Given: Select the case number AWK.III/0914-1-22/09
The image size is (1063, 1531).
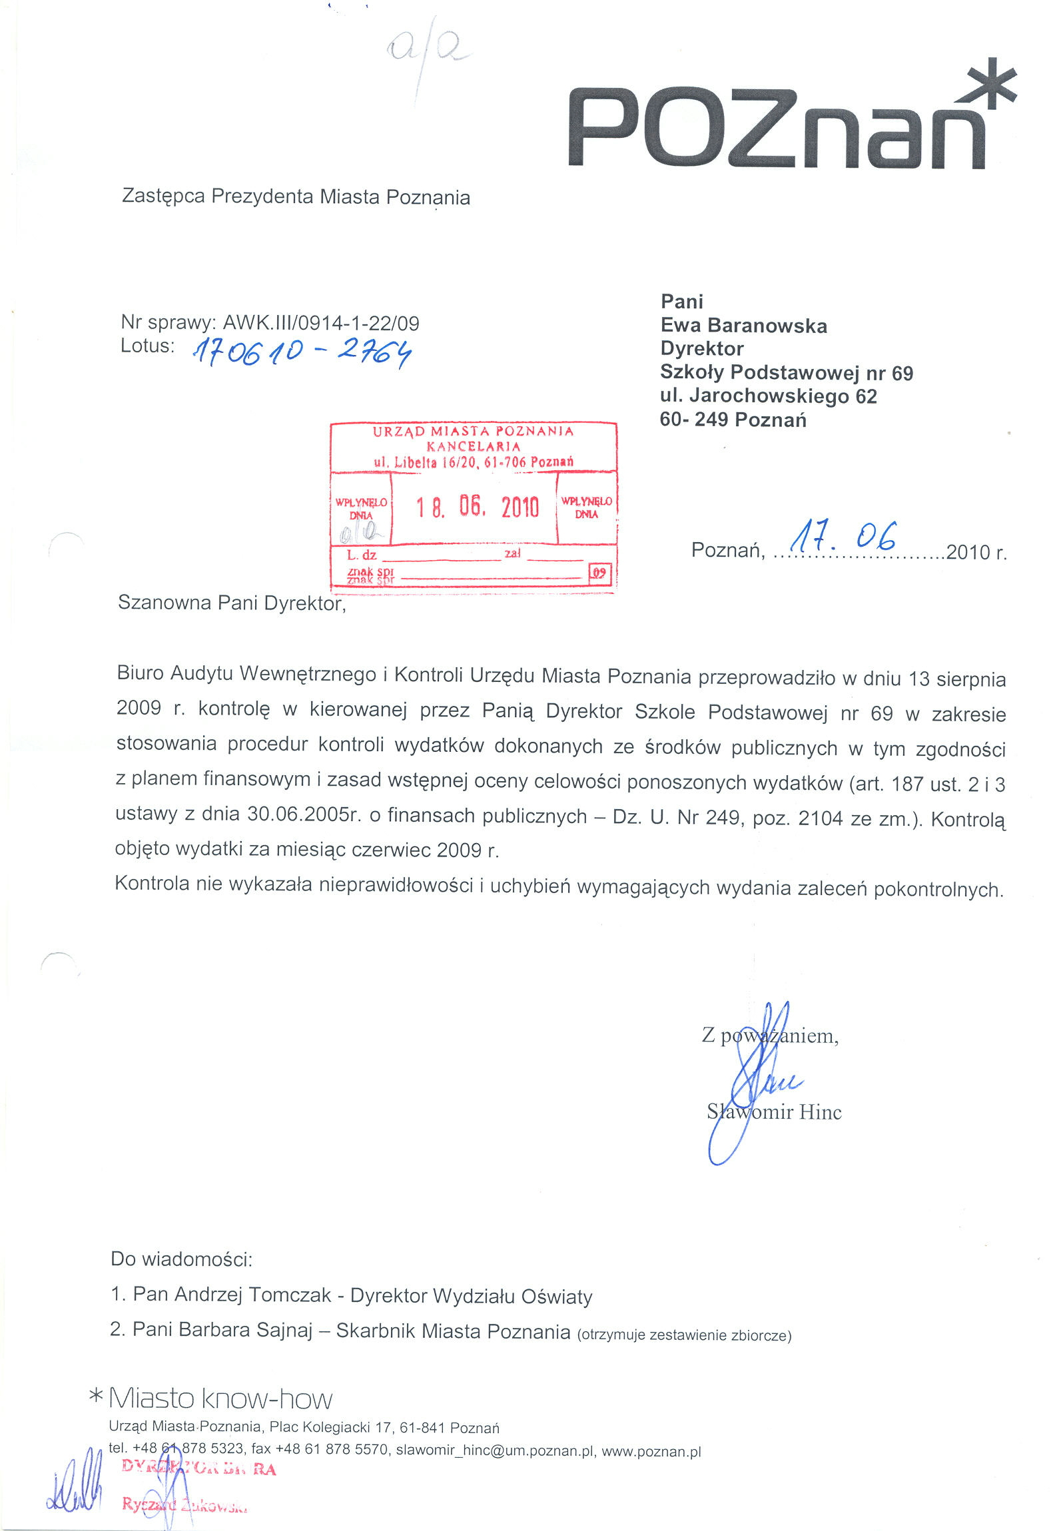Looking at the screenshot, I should (320, 323).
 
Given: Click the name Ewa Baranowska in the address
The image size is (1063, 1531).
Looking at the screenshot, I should (743, 326).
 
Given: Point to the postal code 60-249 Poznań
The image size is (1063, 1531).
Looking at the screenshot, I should (733, 420).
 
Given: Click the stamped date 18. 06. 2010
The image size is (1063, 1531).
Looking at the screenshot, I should (477, 507).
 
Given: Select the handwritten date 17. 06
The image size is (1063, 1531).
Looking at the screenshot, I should (843, 537).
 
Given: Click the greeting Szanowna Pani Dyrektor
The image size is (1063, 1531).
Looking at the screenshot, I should (231, 603).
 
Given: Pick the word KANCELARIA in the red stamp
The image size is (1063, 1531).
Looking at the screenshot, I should (473, 446).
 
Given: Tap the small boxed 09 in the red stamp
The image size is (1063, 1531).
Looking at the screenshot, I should (599, 573).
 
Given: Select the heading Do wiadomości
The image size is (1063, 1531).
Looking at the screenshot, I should (181, 1259).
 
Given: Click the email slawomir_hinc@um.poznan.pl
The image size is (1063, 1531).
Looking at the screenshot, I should (494, 1451).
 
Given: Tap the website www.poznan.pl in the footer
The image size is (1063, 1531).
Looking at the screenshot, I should (651, 1452).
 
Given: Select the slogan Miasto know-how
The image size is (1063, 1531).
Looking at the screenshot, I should (220, 1399).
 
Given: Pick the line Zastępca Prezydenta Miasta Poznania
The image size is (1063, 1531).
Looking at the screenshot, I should (296, 197).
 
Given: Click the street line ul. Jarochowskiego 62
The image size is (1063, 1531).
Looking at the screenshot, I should (768, 396).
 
